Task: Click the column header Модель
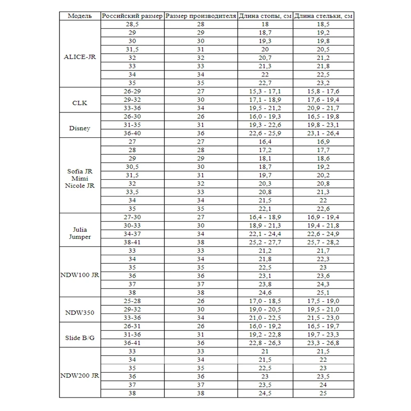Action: pos(80,16)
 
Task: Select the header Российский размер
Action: pos(132,16)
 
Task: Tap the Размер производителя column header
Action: pos(200,16)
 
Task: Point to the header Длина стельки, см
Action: pos(323,16)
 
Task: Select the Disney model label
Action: pos(80,128)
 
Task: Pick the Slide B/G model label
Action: pos(80,338)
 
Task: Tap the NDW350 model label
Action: pos(80,313)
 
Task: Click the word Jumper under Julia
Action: pos(80,237)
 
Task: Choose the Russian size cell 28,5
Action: pos(132,25)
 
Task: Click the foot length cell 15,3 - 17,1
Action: pos(265,91)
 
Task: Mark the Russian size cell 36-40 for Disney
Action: pos(132,134)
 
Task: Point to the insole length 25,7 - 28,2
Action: pos(323,242)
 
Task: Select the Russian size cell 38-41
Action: pos(132,242)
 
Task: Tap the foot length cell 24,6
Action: pos(265,293)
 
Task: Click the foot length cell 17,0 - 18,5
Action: pos(265,301)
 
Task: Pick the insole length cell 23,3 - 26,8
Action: pos(323,343)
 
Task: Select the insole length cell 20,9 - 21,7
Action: pos(323,108)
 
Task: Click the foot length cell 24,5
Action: pos(265,393)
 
